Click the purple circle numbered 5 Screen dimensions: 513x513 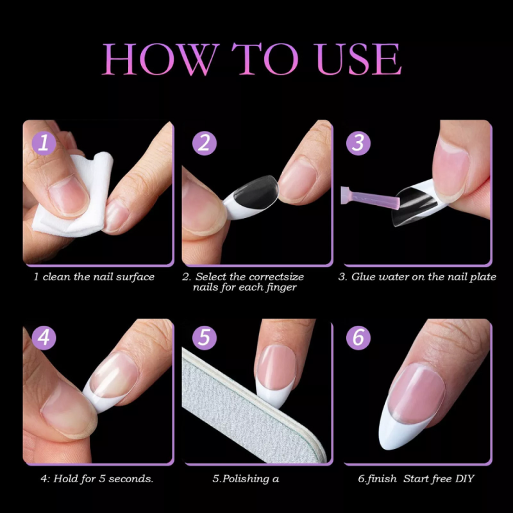pos(204,338)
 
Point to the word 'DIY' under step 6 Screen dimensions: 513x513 pos(464,478)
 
